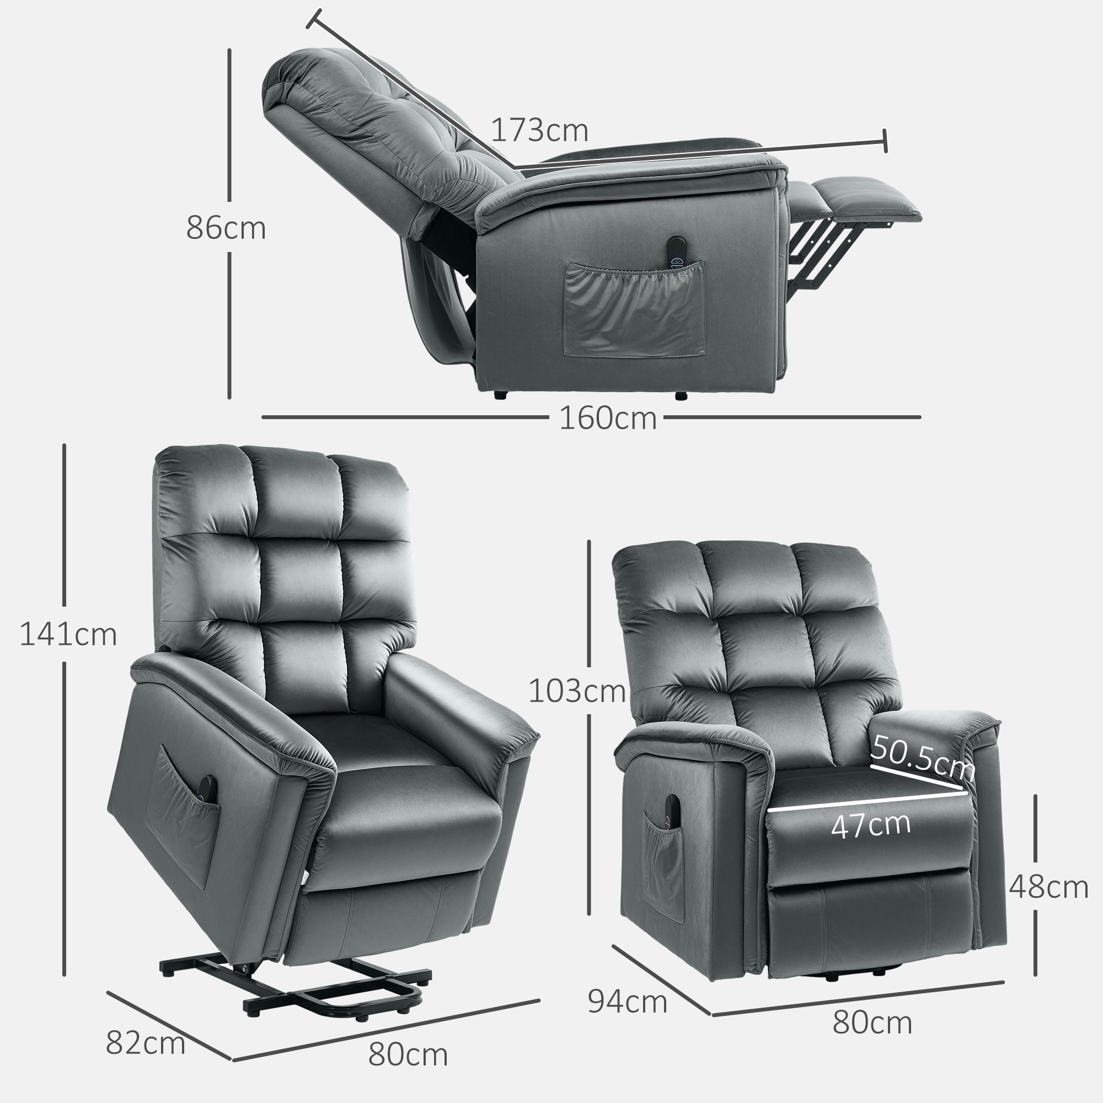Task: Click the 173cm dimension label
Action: pyautogui.click(x=539, y=131)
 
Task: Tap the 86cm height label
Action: pyautogui.click(x=226, y=228)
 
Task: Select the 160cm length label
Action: pyautogui.click(x=607, y=418)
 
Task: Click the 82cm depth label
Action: pyautogui.click(x=146, y=1043)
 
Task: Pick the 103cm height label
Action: pyautogui.click(x=577, y=691)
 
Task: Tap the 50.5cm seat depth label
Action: pyautogui.click(x=922, y=759)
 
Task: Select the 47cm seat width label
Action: pyautogui.click(x=871, y=824)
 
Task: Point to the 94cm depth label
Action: pyautogui.click(x=628, y=1002)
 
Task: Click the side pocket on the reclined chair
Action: pyautogui.click(x=634, y=309)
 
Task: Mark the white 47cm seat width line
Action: pyautogui.click(x=868, y=800)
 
